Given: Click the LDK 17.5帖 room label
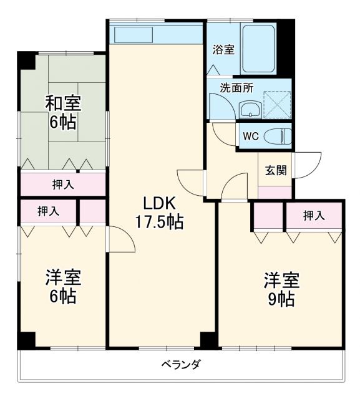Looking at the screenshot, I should click(161, 212).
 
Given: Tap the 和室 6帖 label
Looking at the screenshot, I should click(62, 112).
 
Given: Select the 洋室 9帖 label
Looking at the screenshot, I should click(281, 289).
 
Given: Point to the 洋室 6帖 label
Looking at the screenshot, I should click(62, 286).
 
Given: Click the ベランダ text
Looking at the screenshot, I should click(180, 365).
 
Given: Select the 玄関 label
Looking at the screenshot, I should click(275, 170).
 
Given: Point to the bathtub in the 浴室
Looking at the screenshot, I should click(259, 49).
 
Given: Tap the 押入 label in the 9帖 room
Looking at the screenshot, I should click(314, 216).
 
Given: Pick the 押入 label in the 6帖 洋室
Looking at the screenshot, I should click(48, 211).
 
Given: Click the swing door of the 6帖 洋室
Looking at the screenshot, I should click(120, 240).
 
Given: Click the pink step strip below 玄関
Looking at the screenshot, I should click(275, 192).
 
